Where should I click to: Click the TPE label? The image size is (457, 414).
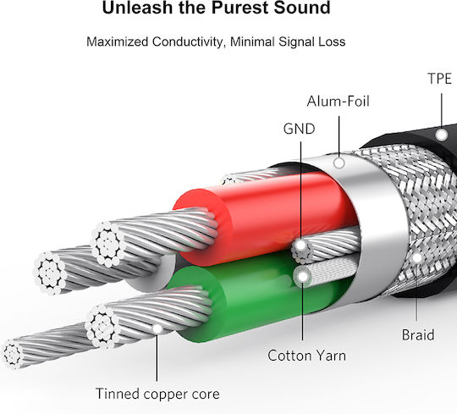pos(439,79)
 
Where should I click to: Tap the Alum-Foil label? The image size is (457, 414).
pos(338,102)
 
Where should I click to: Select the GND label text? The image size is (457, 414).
pos(300,129)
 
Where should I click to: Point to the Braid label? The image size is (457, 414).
pos(418,334)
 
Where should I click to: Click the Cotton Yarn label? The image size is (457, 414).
pos(307,356)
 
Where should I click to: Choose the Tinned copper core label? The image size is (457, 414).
pos(157,394)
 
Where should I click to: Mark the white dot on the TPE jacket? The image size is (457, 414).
pos(442,135)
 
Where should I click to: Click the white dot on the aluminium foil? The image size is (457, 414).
pos(339,163)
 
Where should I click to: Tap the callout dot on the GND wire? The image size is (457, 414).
pos(301,246)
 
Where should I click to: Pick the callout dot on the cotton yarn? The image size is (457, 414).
pos(303,276)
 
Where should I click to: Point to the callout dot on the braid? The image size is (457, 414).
pos(417,257)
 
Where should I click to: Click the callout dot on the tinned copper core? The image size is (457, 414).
pos(157,328)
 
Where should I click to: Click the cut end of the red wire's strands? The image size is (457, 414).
pos(107,245)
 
